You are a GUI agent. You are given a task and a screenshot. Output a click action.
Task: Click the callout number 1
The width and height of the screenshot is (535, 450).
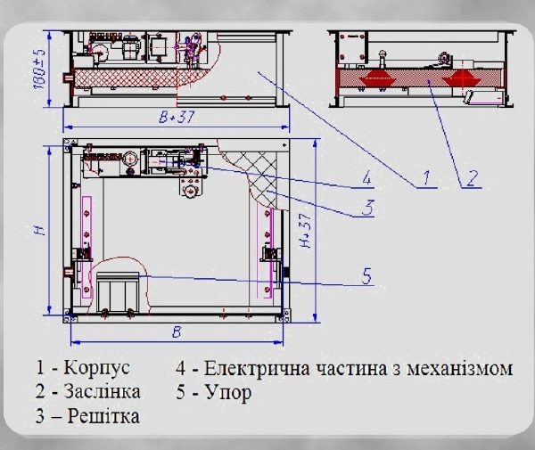click(x=426, y=177)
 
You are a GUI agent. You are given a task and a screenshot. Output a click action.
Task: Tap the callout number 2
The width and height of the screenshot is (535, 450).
click(x=472, y=177)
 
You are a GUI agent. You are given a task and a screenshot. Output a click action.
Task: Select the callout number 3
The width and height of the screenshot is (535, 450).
click(x=367, y=207)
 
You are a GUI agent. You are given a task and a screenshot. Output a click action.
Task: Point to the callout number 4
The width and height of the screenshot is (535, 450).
click(x=366, y=177)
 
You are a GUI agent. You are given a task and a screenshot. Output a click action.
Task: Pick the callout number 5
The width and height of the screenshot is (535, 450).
click(x=366, y=276)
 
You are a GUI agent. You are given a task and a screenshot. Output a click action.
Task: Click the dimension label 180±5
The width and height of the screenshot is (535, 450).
click(x=39, y=69)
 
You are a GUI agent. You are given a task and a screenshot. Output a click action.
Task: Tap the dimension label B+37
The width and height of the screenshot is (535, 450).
click(x=177, y=117)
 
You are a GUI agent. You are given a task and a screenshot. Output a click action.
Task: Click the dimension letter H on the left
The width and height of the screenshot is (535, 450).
click(x=41, y=231)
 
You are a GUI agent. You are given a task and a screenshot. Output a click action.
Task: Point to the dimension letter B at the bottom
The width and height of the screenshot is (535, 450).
click(x=177, y=331)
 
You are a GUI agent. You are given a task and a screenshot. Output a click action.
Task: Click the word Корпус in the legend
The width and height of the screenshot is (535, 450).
click(x=97, y=368)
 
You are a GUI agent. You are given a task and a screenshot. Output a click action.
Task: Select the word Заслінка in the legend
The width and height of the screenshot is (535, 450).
click(x=102, y=391)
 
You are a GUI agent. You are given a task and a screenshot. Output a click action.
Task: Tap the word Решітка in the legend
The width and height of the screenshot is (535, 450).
click(x=103, y=416)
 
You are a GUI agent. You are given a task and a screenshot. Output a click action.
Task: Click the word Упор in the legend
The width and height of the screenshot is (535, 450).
click(x=228, y=393)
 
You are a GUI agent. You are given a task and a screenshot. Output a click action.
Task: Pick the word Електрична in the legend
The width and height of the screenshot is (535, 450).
click(x=257, y=368)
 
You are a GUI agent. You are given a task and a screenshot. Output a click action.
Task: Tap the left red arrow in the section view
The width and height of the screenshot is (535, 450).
click(x=377, y=78)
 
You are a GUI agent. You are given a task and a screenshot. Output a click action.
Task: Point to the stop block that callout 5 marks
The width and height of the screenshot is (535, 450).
click(x=118, y=291)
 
